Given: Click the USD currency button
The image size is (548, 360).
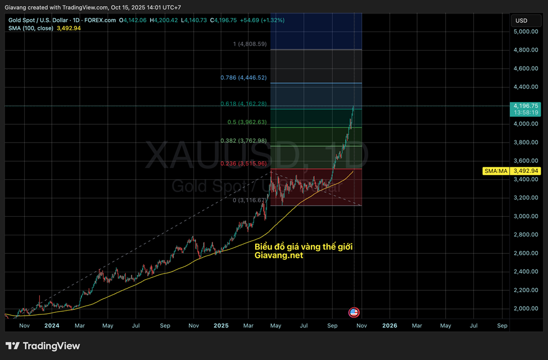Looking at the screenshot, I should [521, 21].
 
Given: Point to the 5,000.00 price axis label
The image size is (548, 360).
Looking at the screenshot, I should [526, 31].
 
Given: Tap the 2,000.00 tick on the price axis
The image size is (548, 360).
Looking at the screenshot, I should [526, 308].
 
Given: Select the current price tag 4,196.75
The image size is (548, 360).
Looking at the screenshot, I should [526, 106].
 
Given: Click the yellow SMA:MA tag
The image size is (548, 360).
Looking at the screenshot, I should [496, 171].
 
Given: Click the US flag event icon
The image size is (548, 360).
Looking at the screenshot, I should [354, 312].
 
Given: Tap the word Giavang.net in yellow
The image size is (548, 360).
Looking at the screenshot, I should [279, 256].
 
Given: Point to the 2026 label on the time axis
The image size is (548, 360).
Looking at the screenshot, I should [390, 325].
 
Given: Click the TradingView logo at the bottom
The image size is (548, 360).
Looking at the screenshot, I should [43, 346].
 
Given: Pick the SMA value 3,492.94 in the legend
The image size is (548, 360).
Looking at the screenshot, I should [69, 28].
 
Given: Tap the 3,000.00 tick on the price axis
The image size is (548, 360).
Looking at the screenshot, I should [526, 216].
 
